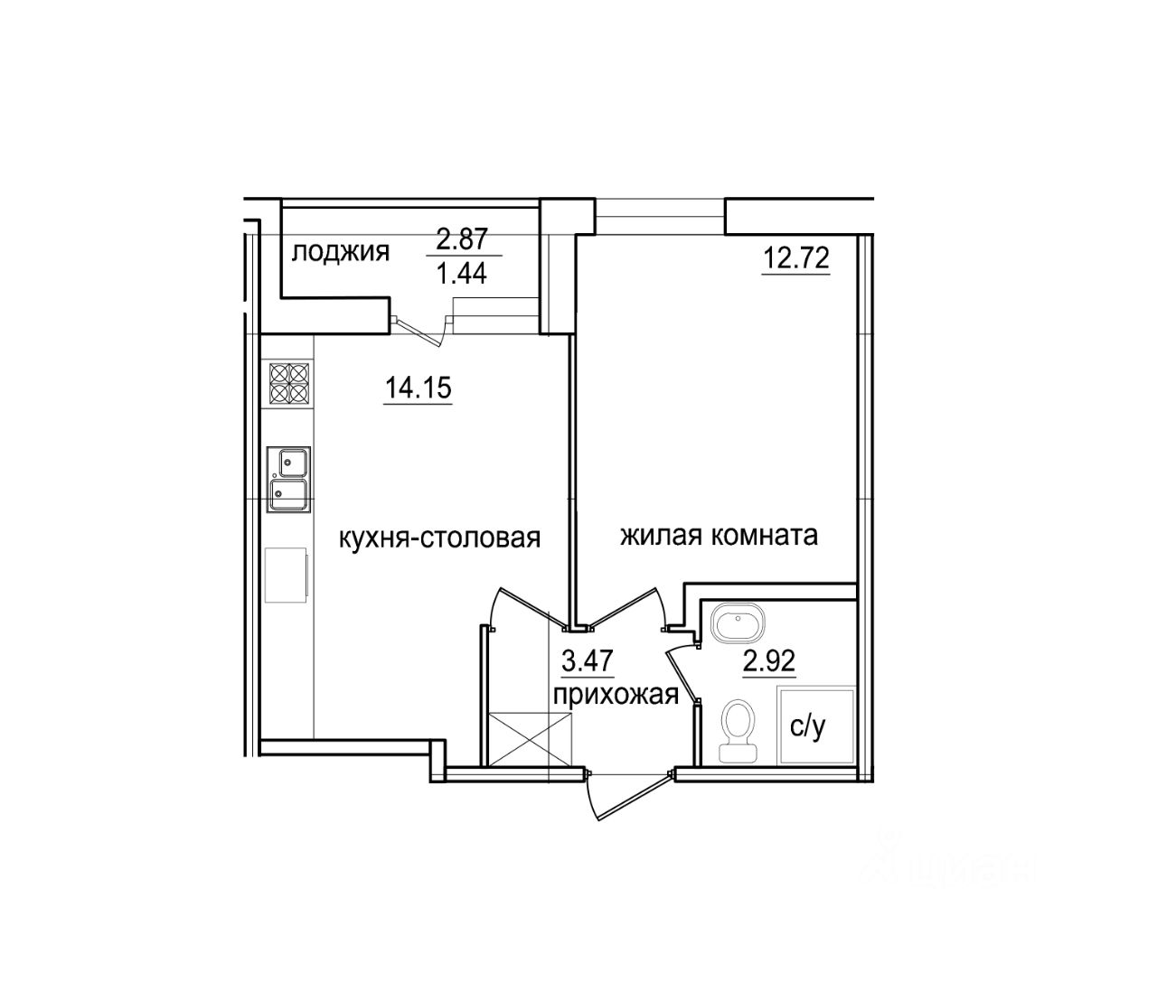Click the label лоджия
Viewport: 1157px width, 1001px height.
[x=340, y=252]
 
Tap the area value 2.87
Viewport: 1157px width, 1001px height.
[x=462, y=239]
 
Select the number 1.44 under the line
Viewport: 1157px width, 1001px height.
[x=462, y=272]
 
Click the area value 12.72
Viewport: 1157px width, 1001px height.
[x=795, y=259]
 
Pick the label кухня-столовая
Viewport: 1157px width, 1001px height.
[x=439, y=538]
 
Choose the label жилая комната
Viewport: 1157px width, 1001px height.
[x=719, y=536]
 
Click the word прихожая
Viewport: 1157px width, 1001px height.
[x=616, y=695]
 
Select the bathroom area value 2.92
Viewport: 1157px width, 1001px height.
[x=768, y=661]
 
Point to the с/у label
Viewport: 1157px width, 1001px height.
[x=807, y=727]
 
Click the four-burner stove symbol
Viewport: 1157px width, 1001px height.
[x=288, y=383]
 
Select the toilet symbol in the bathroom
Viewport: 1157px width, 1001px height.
[x=738, y=730]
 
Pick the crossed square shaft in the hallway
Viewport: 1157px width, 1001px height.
[x=530, y=739]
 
